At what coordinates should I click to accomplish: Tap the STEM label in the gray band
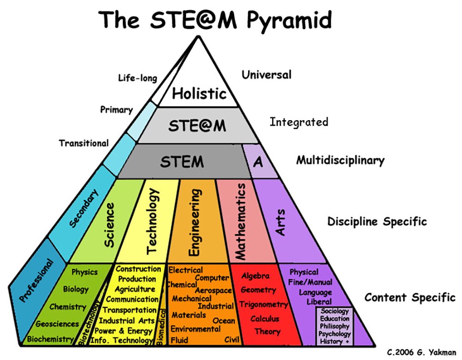(x=182, y=162)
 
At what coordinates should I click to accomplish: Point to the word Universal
(x=267, y=74)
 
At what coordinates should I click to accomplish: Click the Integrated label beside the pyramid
(x=299, y=122)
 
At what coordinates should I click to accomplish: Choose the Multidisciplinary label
(x=340, y=160)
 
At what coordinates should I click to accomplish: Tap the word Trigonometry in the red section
(x=263, y=305)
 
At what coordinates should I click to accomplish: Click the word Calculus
(x=265, y=318)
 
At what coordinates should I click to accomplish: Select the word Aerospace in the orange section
(x=213, y=291)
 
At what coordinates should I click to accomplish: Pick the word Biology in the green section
(x=76, y=289)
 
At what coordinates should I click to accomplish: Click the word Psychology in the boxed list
(x=335, y=334)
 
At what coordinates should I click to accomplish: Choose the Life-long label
(x=137, y=78)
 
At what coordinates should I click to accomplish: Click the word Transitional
(x=84, y=143)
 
